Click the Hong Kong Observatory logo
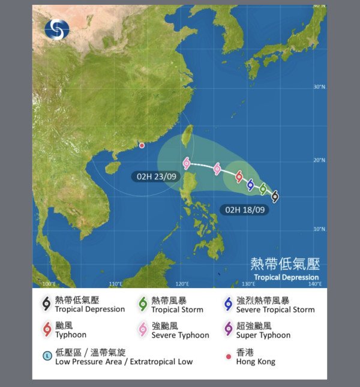(x=57, y=28)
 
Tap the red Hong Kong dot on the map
(x=142, y=145)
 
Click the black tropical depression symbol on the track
(x=275, y=196)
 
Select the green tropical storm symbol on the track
(x=263, y=189)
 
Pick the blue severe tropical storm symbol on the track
(x=251, y=184)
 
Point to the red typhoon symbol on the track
(x=239, y=176)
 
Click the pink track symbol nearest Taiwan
(x=187, y=163)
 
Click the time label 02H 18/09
(x=243, y=210)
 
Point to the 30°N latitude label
(x=319, y=87)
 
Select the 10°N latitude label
(x=319, y=229)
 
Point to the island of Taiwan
(x=187, y=137)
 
